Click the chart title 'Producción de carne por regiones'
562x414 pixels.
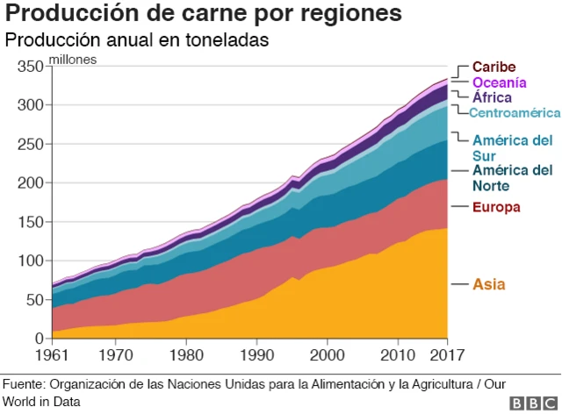(205, 15)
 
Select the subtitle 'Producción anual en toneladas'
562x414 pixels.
(137, 41)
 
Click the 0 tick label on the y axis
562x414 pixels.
(39, 339)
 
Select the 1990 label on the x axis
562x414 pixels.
(256, 356)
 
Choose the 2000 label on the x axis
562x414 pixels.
(327, 356)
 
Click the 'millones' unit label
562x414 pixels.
(73, 60)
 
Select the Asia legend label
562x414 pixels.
(489, 284)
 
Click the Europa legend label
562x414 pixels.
(496, 207)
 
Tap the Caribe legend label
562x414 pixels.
(494, 68)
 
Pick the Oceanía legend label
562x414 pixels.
(499, 82)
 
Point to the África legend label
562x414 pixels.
(492, 97)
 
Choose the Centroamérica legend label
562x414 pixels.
(514, 112)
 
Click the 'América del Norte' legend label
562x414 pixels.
(512, 177)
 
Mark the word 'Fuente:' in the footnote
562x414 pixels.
(24, 384)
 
